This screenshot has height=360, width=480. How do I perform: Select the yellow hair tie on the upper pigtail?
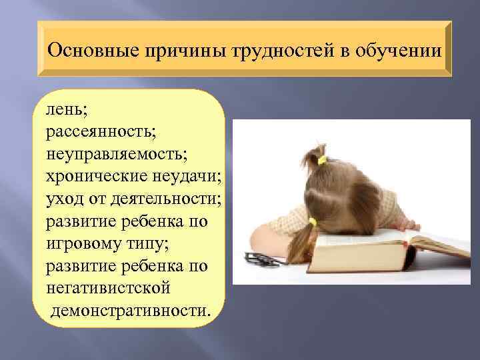click(x=321, y=160)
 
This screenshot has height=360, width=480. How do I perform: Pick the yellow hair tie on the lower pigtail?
click(x=312, y=222)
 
